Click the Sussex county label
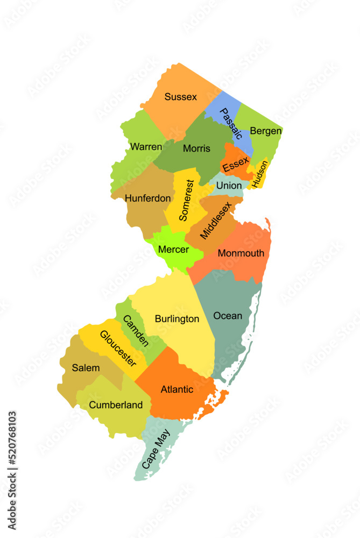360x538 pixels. [x=181, y=97]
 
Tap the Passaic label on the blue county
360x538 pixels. [x=231, y=123]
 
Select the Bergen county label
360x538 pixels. [x=266, y=131]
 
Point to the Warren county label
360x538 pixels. [x=146, y=146]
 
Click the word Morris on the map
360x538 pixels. [x=196, y=148]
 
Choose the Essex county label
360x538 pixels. [x=236, y=165]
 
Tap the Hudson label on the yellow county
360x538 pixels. [x=259, y=174]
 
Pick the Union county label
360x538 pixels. [x=229, y=186]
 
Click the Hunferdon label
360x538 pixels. [x=147, y=198]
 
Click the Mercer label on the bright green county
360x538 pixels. [x=173, y=250]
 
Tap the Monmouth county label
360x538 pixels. [x=241, y=253]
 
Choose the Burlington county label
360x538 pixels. [x=177, y=319]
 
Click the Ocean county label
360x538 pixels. [x=228, y=315]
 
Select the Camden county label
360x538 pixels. [x=136, y=330]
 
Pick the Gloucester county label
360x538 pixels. [x=117, y=348]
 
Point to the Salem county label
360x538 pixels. [x=86, y=368]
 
